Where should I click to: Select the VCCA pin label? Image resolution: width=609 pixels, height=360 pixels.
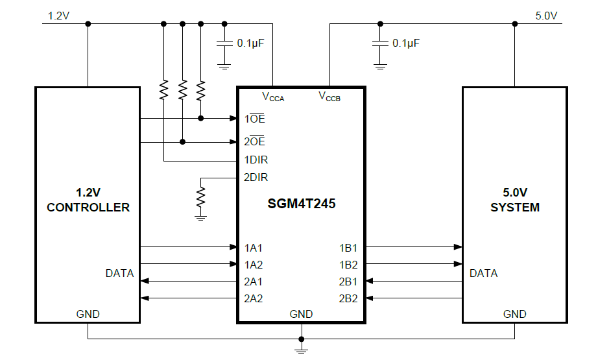point(272,97)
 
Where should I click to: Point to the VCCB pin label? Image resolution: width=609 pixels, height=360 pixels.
point(329,97)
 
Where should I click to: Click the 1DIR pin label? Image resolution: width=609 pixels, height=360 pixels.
point(256,160)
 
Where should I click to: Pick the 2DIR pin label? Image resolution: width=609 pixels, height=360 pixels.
point(256,177)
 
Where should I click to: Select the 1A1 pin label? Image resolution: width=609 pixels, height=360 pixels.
point(254,247)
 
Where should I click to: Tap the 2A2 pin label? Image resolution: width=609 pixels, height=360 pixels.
point(254,298)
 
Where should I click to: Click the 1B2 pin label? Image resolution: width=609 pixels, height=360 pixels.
point(348,264)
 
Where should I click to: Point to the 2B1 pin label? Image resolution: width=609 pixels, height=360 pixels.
point(348,282)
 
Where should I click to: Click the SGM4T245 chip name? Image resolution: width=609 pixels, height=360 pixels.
point(302,203)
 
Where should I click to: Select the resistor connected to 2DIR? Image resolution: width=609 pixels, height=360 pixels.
point(201,196)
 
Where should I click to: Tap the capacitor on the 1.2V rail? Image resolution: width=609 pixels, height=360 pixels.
point(224,43)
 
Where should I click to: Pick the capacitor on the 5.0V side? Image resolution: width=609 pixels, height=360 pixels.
point(380,43)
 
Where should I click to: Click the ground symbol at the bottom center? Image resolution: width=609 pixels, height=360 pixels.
point(302,350)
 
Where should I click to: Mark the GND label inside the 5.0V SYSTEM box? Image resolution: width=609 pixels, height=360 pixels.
point(515,314)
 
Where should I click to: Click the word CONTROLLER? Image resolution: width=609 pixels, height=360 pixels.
point(88,208)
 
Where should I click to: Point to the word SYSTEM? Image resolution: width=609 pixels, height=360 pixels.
point(515,208)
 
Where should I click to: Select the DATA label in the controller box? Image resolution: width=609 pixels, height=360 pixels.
point(119,273)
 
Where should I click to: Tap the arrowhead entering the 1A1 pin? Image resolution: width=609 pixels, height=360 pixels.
point(233,247)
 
